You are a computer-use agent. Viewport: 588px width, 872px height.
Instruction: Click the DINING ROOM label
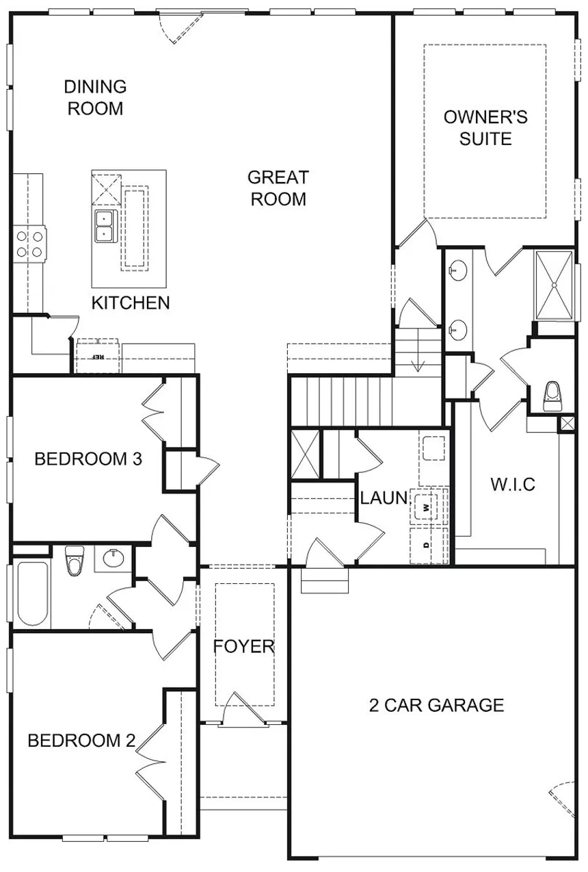(x=95, y=98)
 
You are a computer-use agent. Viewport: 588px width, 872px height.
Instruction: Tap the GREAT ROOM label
(x=278, y=188)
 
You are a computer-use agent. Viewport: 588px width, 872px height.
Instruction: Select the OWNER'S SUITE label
(x=485, y=128)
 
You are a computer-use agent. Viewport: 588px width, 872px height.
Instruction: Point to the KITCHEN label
(x=131, y=303)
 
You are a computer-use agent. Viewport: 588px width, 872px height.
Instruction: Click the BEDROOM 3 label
(x=88, y=459)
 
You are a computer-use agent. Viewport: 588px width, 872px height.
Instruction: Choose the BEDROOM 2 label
(x=81, y=741)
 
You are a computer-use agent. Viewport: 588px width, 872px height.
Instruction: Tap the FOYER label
(x=244, y=647)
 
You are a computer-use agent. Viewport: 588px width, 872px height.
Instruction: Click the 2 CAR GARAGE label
(x=436, y=706)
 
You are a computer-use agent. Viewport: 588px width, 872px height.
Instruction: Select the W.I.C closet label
(x=513, y=485)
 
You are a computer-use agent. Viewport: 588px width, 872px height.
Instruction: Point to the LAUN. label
(x=384, y=498)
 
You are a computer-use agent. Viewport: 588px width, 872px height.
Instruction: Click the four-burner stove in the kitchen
(x=29, y=244)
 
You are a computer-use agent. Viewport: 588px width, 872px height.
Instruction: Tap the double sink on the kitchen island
(x=103, y=226)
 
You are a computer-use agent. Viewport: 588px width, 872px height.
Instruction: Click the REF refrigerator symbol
(x=98, y=356)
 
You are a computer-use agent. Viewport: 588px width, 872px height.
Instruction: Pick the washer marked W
(x=427, y=507)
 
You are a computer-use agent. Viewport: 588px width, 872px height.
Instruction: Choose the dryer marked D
(x=427, y=545)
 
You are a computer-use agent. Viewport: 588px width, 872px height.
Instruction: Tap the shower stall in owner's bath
(x=554, y=285)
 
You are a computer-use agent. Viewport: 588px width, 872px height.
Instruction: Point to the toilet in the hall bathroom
(x=75, y=560)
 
